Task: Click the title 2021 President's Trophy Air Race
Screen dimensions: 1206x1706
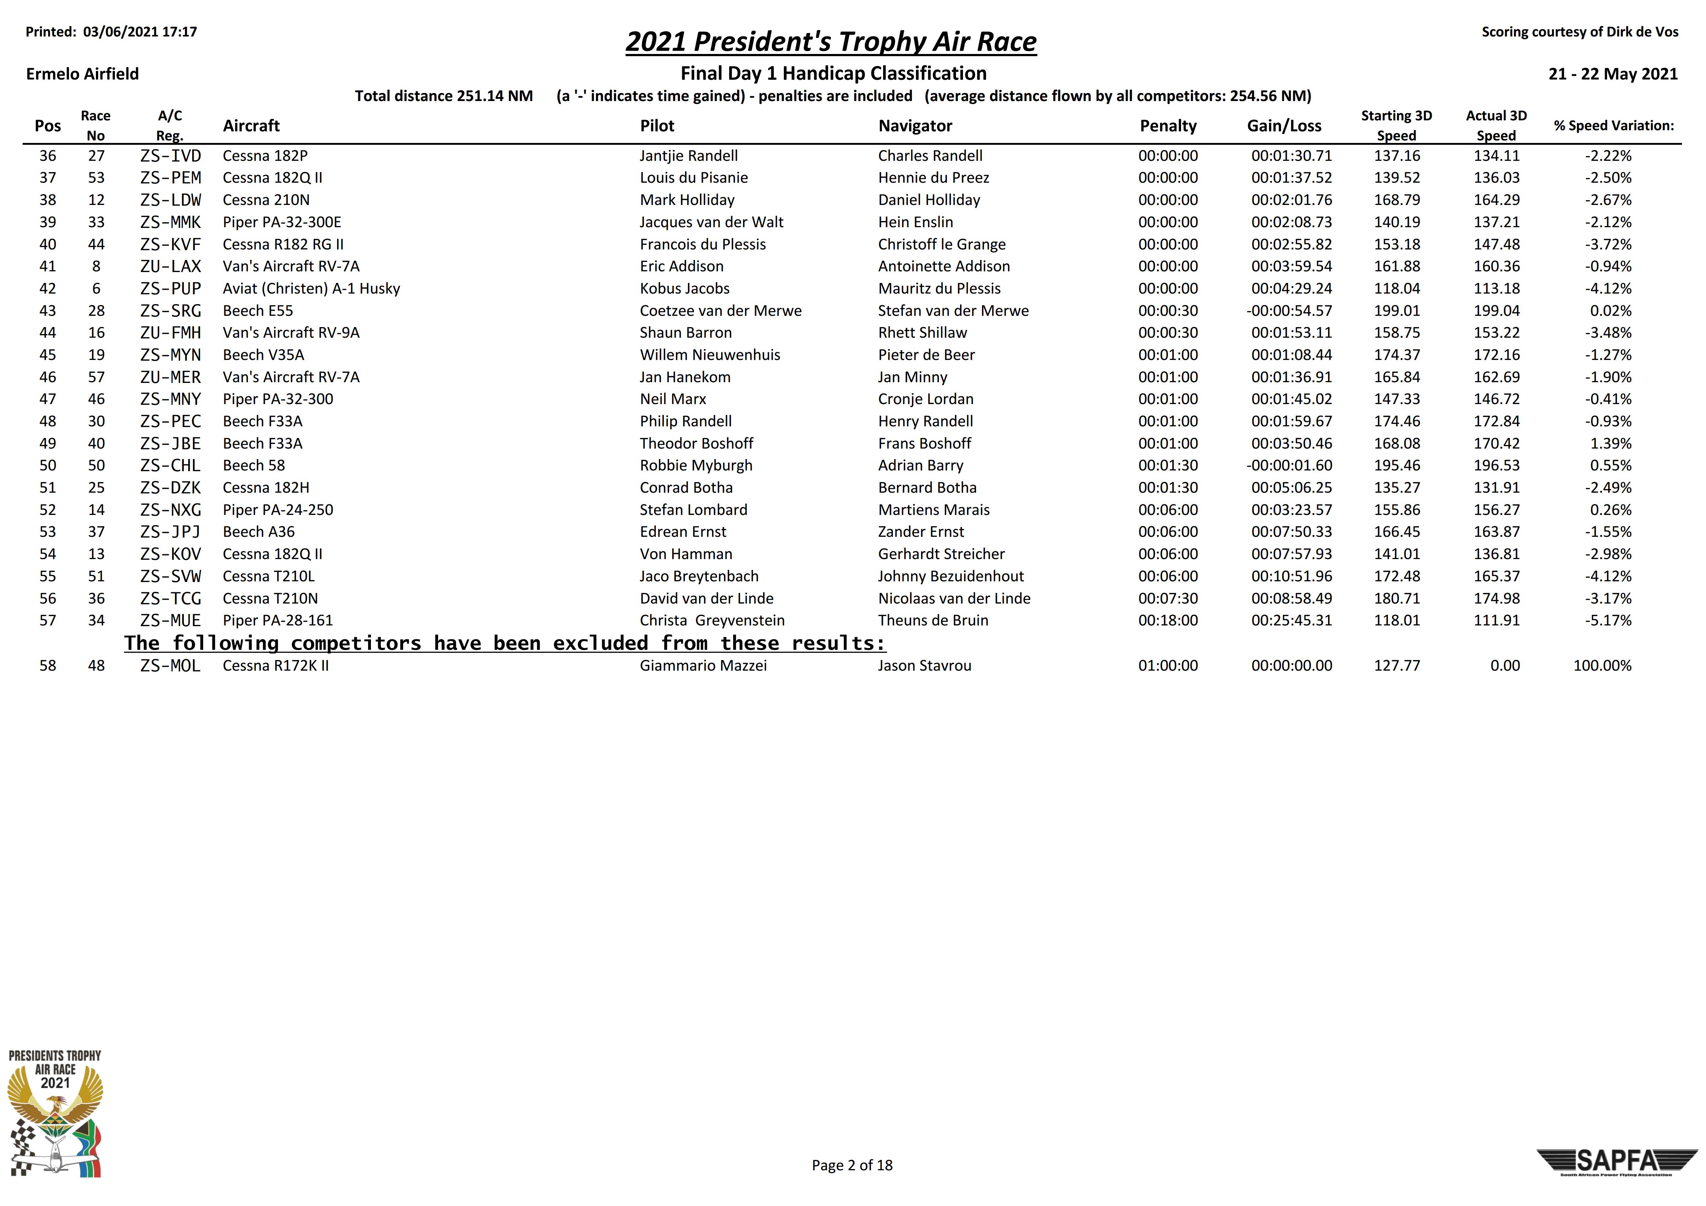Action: pos(831,42)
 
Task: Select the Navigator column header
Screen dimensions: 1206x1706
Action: pos(915,125)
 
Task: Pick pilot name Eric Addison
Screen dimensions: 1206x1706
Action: pos(681,266)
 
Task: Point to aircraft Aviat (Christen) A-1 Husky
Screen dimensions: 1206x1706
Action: pos(312,288)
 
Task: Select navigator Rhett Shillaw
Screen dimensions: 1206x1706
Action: pos(922,333)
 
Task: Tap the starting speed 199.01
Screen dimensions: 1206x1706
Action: pos(1396,311)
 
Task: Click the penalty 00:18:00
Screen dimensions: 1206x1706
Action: pos(1167,620)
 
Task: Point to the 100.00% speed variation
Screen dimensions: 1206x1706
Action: pos(1602,666)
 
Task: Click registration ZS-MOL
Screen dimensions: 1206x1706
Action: pos(170,666)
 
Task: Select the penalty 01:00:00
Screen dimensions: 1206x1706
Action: pos(1167,666)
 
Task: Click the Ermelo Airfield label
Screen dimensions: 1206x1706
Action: pos(82,74)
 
